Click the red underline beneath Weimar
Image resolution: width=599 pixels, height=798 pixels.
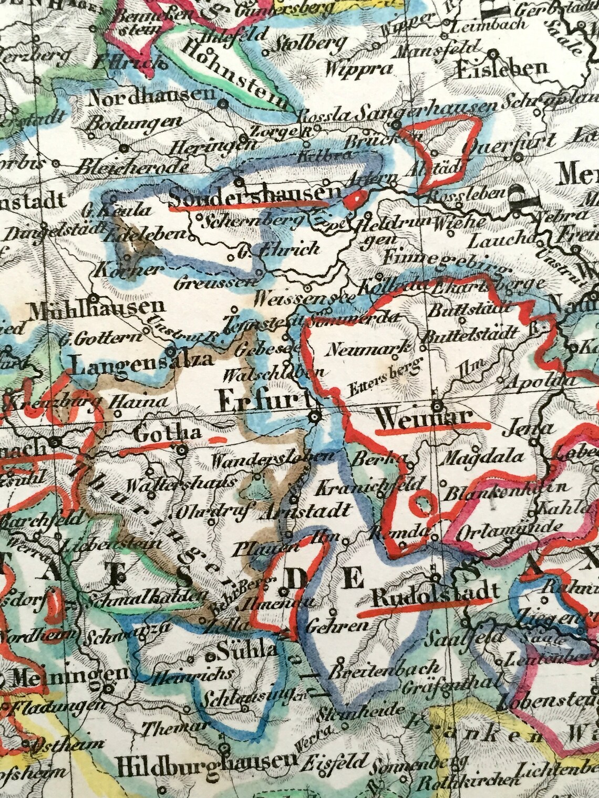(x=432, y=428)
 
